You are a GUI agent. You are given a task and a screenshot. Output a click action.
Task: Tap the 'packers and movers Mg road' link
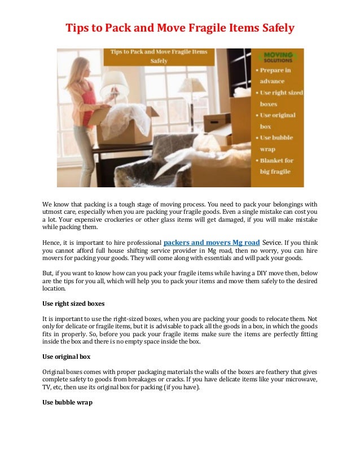click(212, 243)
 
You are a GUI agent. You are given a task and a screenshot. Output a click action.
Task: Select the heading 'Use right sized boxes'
click(73, 303)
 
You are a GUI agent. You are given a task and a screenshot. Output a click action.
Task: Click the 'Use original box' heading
click(67, 357)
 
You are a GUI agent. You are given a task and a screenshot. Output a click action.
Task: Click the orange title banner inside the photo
click(159, 56)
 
